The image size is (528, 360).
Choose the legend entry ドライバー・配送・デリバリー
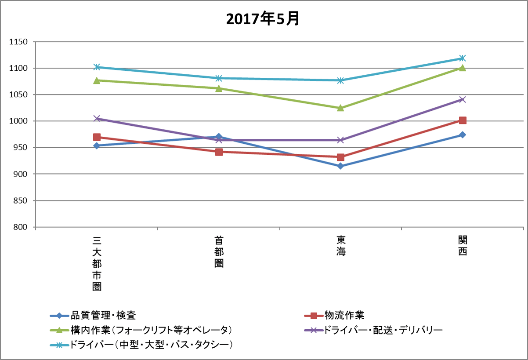[x=383, y=330]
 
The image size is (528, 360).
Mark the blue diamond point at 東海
[x=340, y=166]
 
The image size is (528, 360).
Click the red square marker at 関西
[x=463, y=120]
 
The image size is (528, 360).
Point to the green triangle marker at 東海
[x=340, y=108]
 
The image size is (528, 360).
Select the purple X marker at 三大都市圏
[x=97, y=118]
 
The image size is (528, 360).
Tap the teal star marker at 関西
[x=463, y=58]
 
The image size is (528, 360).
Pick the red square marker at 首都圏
[x=219, y=152]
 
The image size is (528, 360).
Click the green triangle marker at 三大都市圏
[x=97, y=80]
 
